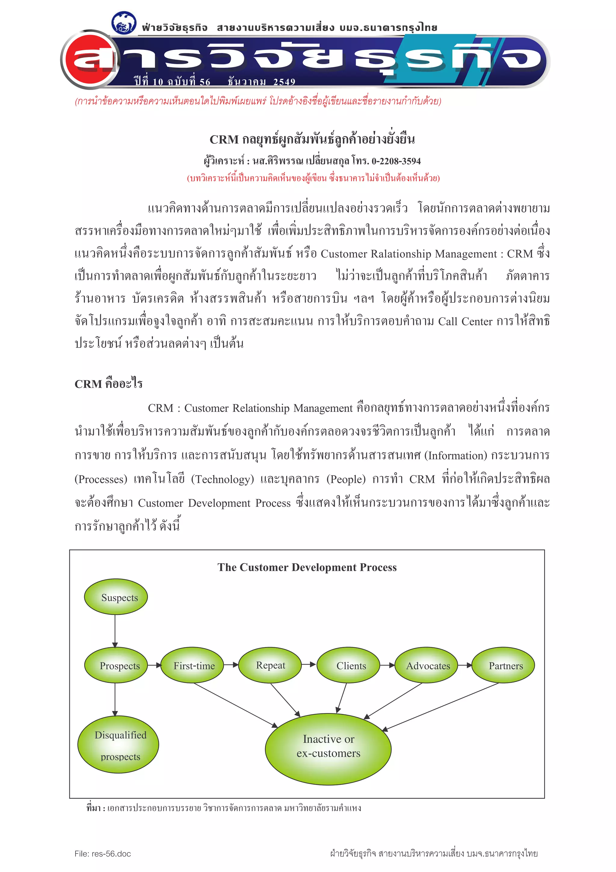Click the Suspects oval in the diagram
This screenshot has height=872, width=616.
point(116,597)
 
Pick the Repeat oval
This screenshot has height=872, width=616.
point(270,665)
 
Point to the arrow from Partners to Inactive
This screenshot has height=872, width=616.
point(440,707)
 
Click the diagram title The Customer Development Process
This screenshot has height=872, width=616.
point(307,567)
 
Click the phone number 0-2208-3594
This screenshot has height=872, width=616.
point(396,161)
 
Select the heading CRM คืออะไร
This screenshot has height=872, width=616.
point(109,384)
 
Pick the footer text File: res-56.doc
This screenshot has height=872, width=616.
point(103,854)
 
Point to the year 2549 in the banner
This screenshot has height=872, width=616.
point(284,82)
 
